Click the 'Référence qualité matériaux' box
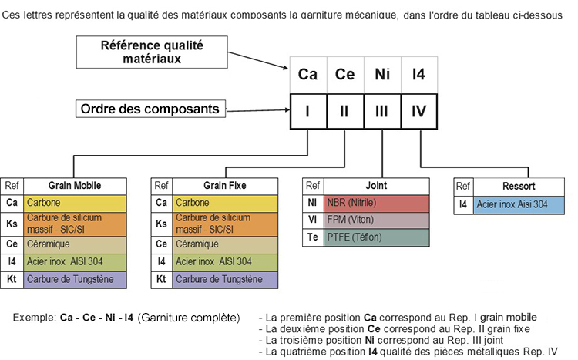pyautogui.click(x=152, y=52)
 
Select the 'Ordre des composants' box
pyautogui.click(x=150, y=109)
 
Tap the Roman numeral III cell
pyautogui.click(x=382, y=112)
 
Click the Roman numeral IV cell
pyautogui.click(x=419, y=112)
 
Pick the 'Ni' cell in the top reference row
pyautogui.click(x=382, y=75)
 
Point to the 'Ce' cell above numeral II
pyautogui.click(x=345, y=75)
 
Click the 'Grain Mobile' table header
pyautogui.click(x=75, y=186)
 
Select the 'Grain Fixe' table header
pyautogui.click(x=225, y=186)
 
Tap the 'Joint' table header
pyautogui.click(x=376, y=186)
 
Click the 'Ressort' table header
pyautogui.click(x=519, y=187)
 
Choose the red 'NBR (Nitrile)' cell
pyautogui.click(x=376, y=203)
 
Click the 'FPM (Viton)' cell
pyautogui.click(x=376, y=220)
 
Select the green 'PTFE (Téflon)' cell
pyautogui.click(x=376, y=237)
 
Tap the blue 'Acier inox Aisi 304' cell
pyautogui.click(x=519, y=205)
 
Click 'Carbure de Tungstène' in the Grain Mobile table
pyautogui.click(x=75, y=280)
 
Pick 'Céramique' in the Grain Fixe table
pyautogui.click(x=225, y=244)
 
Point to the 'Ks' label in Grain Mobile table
pyautogui.click(x=12, y=224)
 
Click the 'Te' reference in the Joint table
pyautogui.click(x=312, y=237)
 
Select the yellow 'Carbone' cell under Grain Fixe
pyautogui.click(x=225, y=203)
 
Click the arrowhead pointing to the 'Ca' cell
pyautogui.click(x=285, y=68)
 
